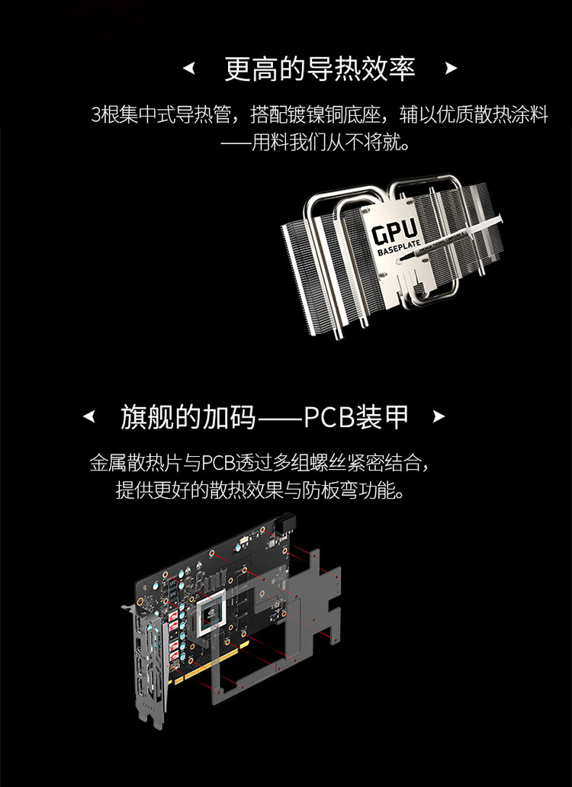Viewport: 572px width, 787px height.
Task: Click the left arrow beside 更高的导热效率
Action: [x=188, y=69]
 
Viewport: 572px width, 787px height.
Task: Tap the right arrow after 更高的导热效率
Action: [x=451, y=69]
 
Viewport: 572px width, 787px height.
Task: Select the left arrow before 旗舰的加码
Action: [x=88, y=416]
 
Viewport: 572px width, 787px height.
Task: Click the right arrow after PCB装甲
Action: [x=439, y=416]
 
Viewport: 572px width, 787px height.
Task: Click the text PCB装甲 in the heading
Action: [x=356, y=417]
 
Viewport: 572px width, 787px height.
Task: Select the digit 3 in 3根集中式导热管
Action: [x=96, y=115]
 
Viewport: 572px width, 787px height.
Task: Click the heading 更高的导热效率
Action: [x=320, y=69]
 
